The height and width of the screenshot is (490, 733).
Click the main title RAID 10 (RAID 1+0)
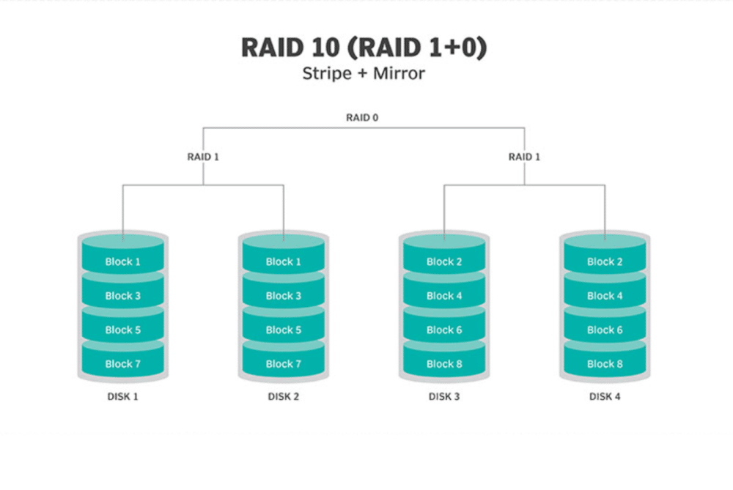pos(364,48)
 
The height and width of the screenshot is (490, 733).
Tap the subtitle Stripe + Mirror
pos(364,73)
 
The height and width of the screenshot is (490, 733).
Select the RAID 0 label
pos(362,118)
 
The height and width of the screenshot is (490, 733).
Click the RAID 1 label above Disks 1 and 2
pos(203,157)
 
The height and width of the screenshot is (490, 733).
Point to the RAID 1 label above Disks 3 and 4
pos(525,157)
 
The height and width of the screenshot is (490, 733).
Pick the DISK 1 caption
pos(123,396)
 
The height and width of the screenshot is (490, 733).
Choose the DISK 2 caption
pos(283,396)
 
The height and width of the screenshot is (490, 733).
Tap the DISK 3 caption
pos(444,396)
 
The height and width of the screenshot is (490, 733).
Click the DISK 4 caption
pos(605,396)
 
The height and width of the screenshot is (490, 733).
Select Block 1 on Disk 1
pos(123,261)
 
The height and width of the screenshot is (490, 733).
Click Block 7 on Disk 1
pos(123,364)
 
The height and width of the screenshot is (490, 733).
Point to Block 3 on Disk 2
pos(283,296)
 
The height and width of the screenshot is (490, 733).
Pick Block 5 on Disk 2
pos(283,330)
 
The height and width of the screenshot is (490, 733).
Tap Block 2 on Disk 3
pos(444,261)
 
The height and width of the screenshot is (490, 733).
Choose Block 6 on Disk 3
pos(444,330)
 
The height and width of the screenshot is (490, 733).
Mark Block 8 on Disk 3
pos(444,364)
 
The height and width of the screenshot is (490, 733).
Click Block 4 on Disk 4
pos(605,296)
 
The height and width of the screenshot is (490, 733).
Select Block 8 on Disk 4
pos(605,364)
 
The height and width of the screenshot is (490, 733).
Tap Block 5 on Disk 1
pos(123,330)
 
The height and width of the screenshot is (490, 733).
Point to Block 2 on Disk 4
pos(605,261)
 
